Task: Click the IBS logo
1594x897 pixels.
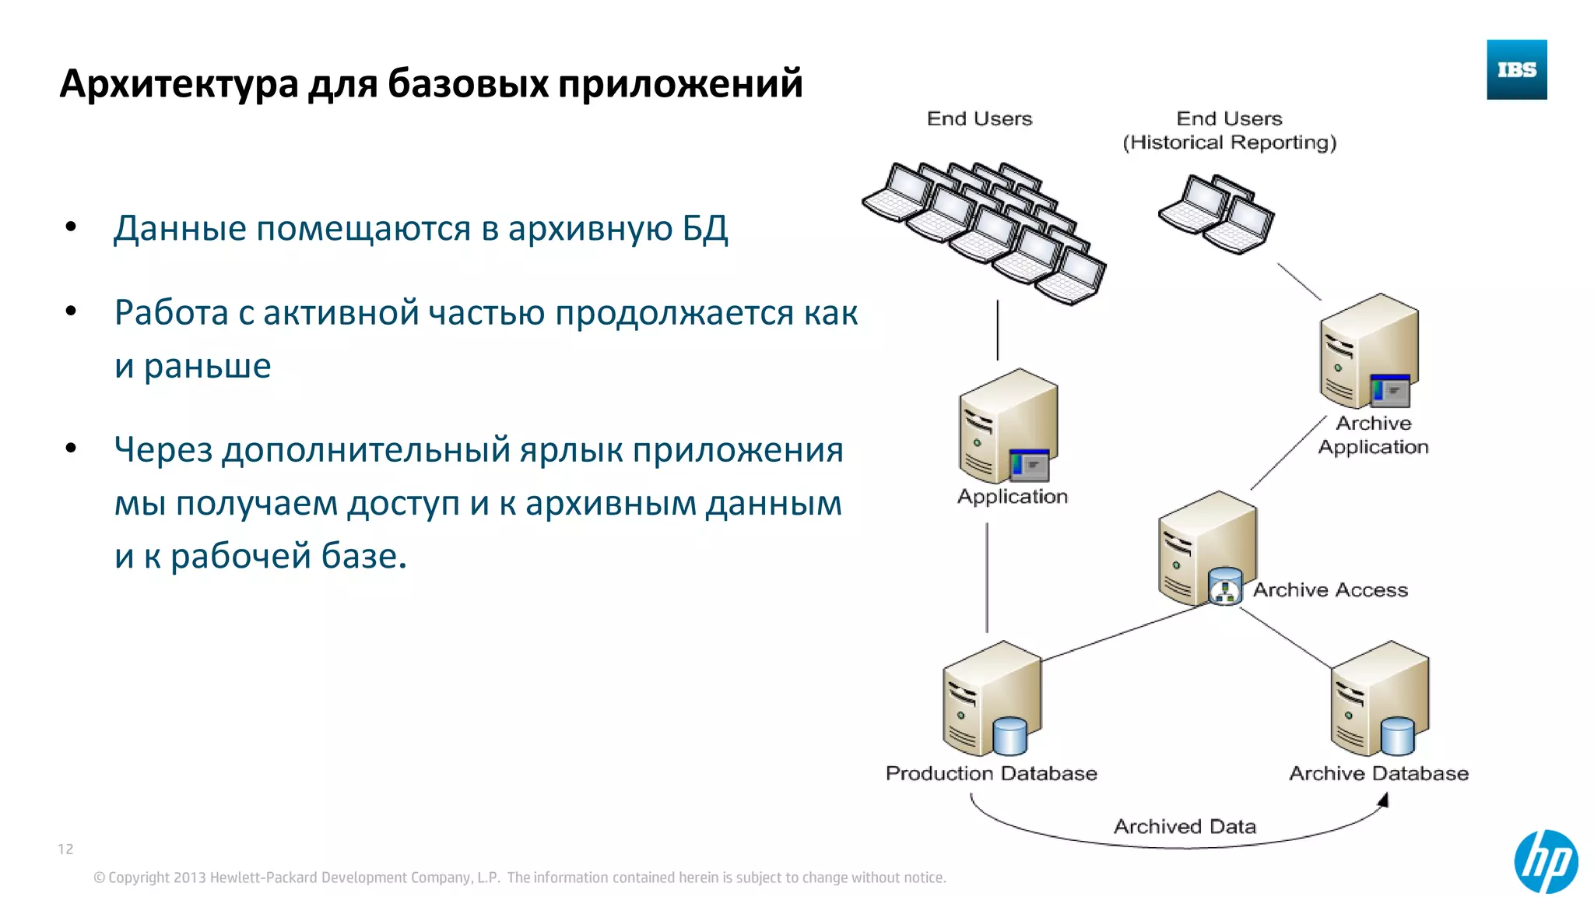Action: [x=1516, y=70]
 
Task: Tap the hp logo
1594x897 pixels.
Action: [x=1546, y=861]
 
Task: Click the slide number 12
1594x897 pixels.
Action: [x=65, y=849]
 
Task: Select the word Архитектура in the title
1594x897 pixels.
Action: [x=179, y=83]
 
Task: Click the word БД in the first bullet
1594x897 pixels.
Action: [x=705, y=229]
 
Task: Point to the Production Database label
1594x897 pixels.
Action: [x=991, y=773]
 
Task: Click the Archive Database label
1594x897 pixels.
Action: [x=1378, y=773]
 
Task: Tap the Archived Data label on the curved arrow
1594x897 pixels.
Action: [x=1185, y=826]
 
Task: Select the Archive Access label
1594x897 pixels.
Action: [x=1330, y=589]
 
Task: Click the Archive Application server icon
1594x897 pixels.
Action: [x=1369, y=352]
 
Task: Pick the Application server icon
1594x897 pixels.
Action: [x=1008, y=427]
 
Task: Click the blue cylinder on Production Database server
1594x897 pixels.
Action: [x=1010, y=736]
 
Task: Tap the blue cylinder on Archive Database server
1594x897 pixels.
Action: [x=1397, y=736]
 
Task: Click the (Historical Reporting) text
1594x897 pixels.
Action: [x=1229, y=142]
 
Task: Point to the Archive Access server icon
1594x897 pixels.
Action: [x=1207, y=549]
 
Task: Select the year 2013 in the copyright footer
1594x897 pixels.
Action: [x=190, y=878]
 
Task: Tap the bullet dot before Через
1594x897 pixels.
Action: [x=72, y=448]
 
